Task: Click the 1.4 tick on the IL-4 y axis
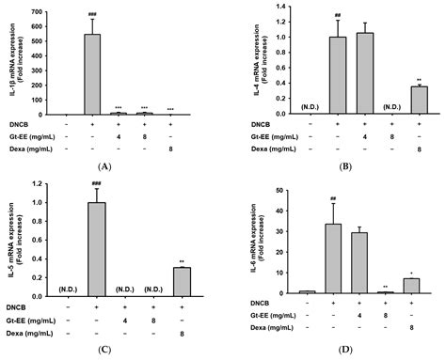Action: click(x=279, y=8)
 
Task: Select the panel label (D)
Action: click(x=346, y=345)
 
